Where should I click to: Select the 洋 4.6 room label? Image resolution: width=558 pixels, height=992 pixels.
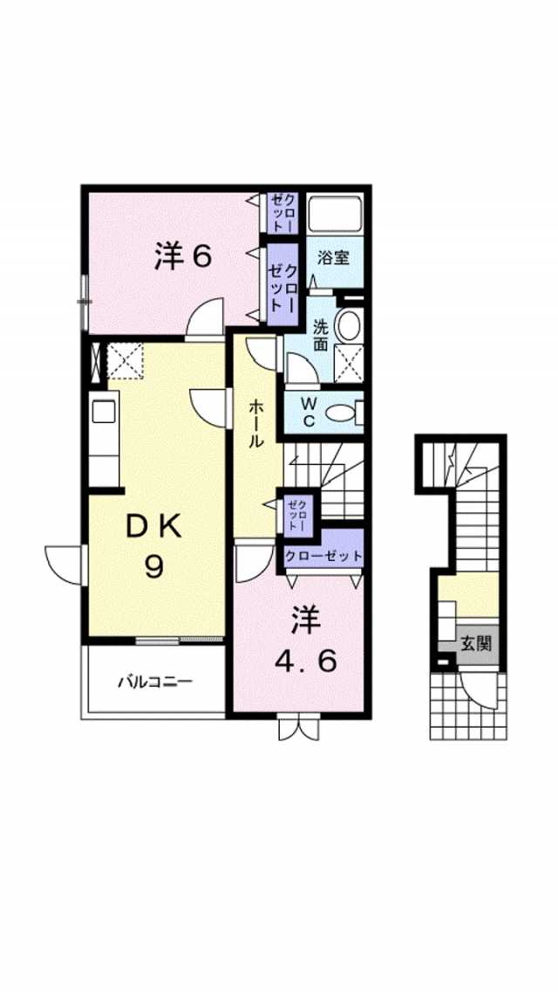click(x=306, y=641)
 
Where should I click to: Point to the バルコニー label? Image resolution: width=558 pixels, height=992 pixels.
click(x=155, y=681)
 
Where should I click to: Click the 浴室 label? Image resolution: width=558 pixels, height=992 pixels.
click(x=334, y=258)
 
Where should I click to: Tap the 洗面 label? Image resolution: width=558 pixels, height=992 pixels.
click(x=322, y=336)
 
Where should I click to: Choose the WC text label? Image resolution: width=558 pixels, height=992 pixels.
click(x=309, y=412)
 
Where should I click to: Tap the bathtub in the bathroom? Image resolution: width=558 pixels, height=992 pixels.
click(x=335, y=213)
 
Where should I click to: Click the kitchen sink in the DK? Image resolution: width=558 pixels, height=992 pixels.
click(x=104, y=412)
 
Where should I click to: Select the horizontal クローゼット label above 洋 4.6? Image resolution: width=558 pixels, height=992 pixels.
click(x=323, y=556)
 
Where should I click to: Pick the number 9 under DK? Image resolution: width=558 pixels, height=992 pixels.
click(x=153, y=567)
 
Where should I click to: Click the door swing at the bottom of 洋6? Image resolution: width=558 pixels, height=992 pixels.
click(x=206, y=317)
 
